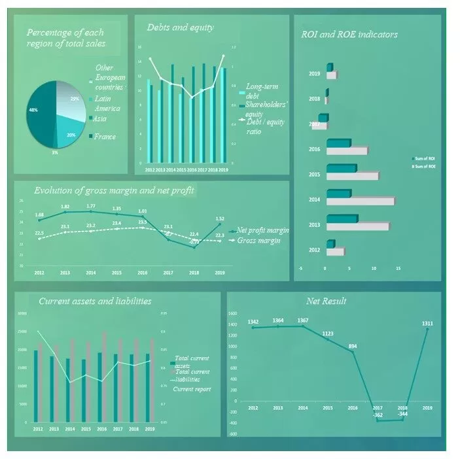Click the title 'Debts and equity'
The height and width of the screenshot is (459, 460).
pos(171,27)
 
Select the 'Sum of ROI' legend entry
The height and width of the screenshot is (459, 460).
pos(426,159)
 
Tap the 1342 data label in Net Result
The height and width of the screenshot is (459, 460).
pos(253,321)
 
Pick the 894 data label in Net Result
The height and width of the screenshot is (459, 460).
pos(352,346)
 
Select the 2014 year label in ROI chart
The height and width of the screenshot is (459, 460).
pos(315,199)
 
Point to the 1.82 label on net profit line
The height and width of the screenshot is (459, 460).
pos(65,207)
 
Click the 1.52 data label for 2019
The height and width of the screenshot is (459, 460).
pos(220,218)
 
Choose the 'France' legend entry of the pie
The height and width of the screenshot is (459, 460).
pos(105,137)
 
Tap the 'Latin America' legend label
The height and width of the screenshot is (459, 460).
pos(107,103)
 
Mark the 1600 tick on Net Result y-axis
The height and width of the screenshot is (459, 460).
pos(233,314)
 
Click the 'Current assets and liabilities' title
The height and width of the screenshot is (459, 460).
pos(95,301)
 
